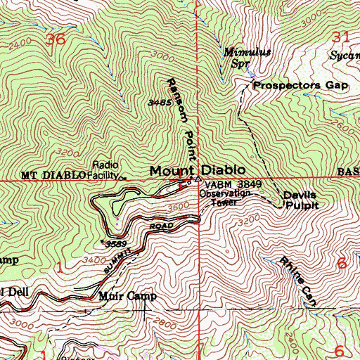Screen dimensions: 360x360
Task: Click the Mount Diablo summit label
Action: pyautogui.click(x=197, y=170)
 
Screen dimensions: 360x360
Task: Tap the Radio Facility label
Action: pyautogui.click(x=101, y=173)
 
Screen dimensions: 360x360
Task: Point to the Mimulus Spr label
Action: pyautogui.click(x=236, y=57)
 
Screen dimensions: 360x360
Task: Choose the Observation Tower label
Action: pyautogui.click(x=224, y=197)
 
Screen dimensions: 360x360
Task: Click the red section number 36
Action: pyautogui.click(x=56, y=40)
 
